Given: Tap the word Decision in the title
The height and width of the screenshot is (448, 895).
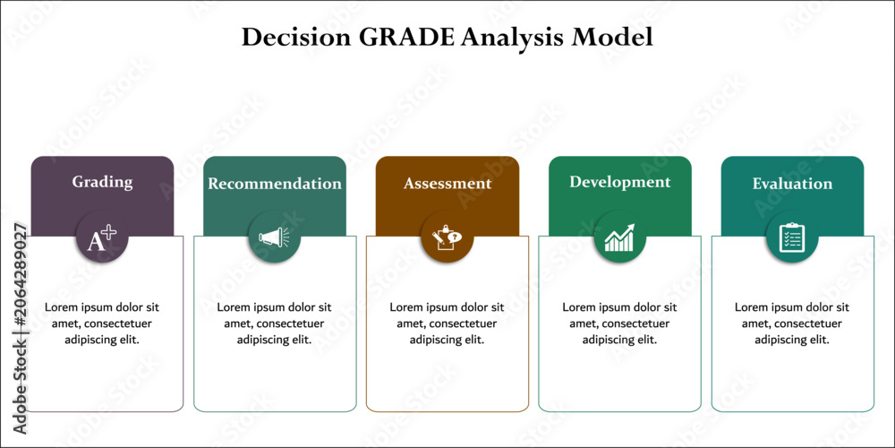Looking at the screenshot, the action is [294, 38].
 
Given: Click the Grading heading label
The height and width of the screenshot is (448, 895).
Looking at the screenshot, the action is [102, 182].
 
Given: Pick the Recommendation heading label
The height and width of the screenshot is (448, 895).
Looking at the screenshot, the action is [275, 184].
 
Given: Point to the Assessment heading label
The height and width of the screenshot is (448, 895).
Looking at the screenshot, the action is [447, 184].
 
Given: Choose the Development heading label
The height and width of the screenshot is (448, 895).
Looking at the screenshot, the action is [620, 182].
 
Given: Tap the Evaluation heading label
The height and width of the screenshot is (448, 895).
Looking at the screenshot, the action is [792, 184].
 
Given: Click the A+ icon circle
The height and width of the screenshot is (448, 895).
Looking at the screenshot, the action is [102, 237].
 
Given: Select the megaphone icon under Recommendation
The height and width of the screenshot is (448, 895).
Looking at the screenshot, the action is [274, 237].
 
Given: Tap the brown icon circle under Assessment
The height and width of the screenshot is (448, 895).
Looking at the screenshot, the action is [447, 237].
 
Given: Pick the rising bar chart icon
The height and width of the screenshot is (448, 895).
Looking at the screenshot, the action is [620, 237].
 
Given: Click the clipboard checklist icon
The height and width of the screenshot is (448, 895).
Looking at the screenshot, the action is [792, 237].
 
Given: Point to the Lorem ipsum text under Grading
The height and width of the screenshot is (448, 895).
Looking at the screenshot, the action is [102, 323].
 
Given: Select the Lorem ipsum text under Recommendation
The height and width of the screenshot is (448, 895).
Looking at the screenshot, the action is [275, 323].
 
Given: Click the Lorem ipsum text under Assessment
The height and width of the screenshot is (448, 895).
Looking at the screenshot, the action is [447, 323].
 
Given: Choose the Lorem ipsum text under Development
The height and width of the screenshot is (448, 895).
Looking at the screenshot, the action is [620, 323].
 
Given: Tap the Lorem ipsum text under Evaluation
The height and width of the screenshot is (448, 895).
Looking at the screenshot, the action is [792, 323].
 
